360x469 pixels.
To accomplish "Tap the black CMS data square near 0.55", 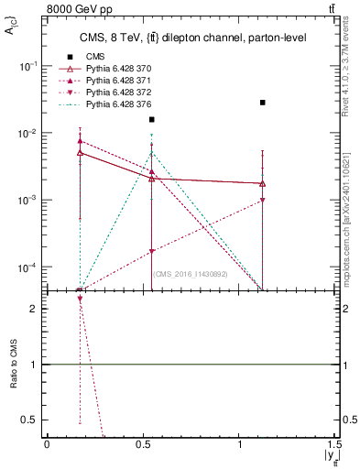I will [x=152, y=119].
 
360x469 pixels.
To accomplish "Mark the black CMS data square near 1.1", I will [x=263, y=103].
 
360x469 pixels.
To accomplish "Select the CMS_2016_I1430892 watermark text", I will [x=191, y=274].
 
